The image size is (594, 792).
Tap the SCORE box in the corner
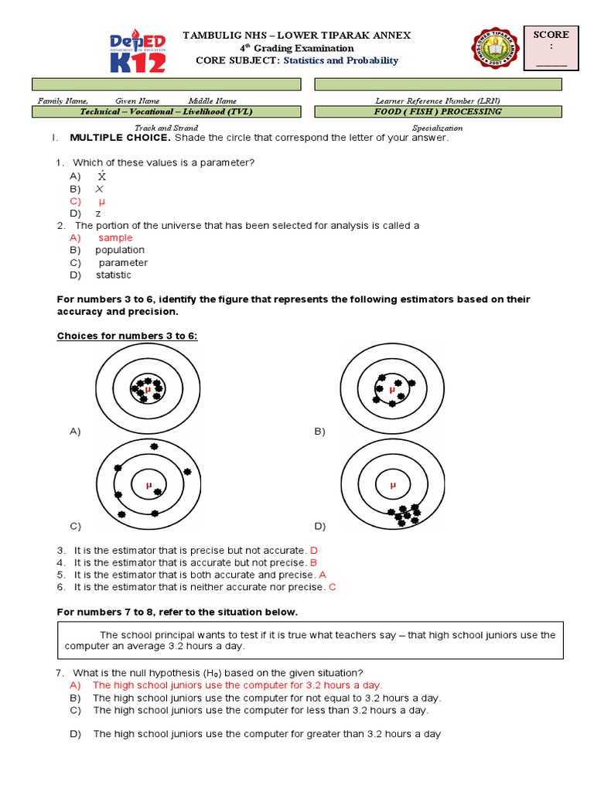pos(551,47)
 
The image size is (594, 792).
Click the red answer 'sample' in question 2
pos(115,237)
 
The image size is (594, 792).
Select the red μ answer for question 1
pos(101,201)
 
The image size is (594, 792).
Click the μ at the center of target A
pos(147,390)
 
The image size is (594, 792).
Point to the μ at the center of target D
pos(392,486)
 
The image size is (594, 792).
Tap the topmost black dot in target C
pos(154,447)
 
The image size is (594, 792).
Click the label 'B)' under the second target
pos(320,432)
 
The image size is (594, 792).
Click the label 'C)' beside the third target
pos(75,526)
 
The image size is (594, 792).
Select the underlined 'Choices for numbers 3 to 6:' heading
pos(128,336)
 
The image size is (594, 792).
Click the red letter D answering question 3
pos(313,550)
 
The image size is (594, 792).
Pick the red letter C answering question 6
pos(332,587)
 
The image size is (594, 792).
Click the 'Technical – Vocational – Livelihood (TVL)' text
pos(166,111)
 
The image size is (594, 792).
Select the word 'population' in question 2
pos(120,250)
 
